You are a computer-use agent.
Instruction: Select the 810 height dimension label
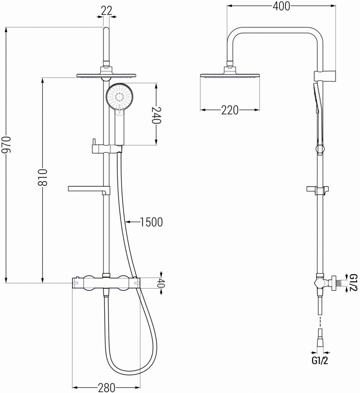pos(43,177)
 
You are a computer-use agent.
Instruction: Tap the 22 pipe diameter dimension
pos(106,11)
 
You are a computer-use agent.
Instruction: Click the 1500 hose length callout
pos(151,221)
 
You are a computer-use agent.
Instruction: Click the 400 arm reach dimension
pos(281,5)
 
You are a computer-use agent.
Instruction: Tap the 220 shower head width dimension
pos(230,111)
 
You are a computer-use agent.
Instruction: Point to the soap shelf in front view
pos(89,188)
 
